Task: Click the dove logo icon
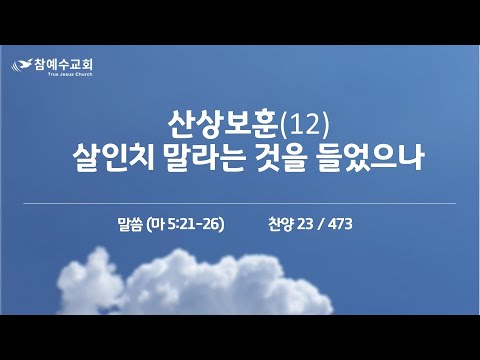(23, 65)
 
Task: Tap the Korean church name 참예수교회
(64, 64)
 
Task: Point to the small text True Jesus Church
(70, 74)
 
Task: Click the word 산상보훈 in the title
(223, 125)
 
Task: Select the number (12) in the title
(305, 125)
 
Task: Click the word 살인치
(113, 158)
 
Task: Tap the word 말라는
(205, 158)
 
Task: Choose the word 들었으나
(369, 158)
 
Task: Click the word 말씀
(130, 224)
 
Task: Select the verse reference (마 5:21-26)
(185, 224)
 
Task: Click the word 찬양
(280, 224)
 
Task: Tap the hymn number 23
(305, 224)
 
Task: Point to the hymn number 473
(340, 224)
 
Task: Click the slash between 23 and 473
(321, 224)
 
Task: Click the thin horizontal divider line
(240, 203)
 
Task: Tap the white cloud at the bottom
(195, 283)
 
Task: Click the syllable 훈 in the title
(264, 125)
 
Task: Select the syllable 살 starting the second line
(86, 158)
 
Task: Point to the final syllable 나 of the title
(411, 158)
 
